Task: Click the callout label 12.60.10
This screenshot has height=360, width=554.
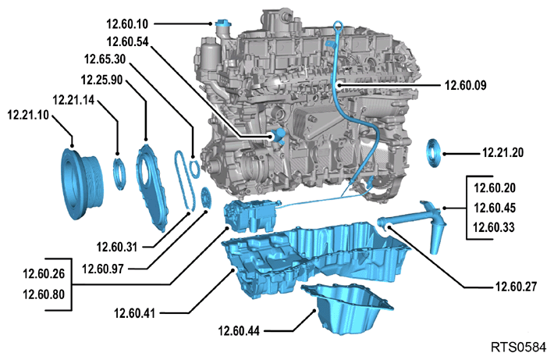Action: tap(127, 24)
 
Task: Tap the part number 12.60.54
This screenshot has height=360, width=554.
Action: tap(127, 41)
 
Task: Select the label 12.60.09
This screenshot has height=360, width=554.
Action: tap(465, 85)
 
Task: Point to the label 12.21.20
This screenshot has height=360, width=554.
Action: tap(503, 153)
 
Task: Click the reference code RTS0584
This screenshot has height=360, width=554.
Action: tap(518, 347)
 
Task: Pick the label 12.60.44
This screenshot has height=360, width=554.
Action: tap(239, 331)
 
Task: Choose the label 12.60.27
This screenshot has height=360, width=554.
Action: tap(516, 287)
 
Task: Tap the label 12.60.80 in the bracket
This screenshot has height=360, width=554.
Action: tap(44, 294)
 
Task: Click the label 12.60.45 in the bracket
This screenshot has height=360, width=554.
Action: tap(494, 208)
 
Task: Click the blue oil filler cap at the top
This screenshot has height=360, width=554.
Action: tap(222, 24)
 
